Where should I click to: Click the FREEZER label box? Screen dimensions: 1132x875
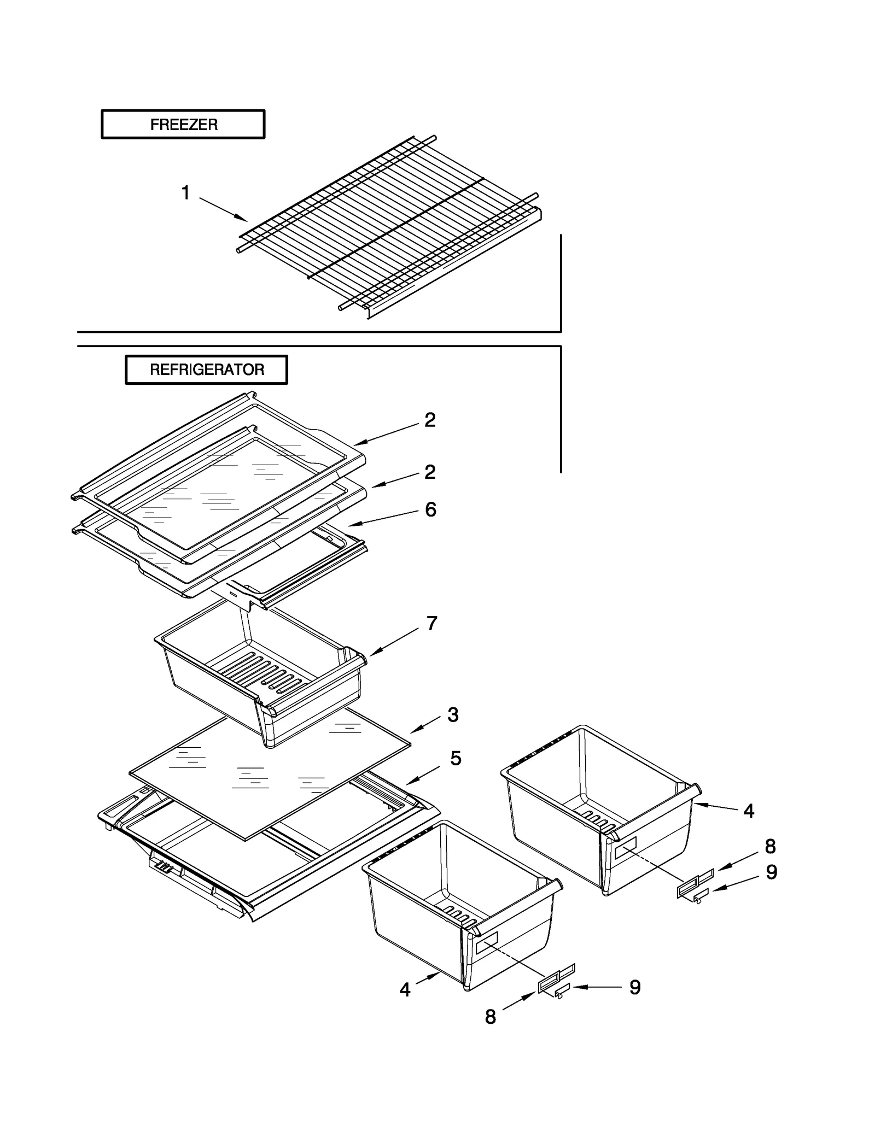click(x=183, y=125)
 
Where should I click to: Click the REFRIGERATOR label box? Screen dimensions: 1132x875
click(x=206, y=369)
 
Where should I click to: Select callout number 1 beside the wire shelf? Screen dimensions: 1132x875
click(x=186, y=193)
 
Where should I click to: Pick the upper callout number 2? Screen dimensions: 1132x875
click(x=430, y=420)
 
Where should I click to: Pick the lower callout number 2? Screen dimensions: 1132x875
click(x=430, y=472)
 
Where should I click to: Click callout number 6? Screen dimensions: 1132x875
click(x=430, y=509)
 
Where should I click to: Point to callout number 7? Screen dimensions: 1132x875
click(x=431, y=623)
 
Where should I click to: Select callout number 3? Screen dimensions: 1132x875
click(x=453, y=714)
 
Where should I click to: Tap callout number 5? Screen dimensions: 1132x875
click(x=456, y=758)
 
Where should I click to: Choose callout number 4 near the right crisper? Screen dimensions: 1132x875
click(x=749, y=811)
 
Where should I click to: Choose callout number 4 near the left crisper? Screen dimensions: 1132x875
click(x=405, y=990)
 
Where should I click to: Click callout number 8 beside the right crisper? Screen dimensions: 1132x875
click(x=770, y=846)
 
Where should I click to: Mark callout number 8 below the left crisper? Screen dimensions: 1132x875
click(x=490, y=1017)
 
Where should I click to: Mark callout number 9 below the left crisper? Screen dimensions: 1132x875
click(x=634, y=987)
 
